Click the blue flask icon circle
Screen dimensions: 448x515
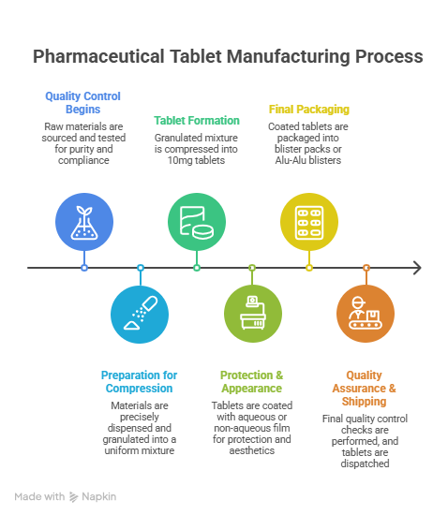(x=84, y=222)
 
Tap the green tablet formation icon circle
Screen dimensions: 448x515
(x=197, y=222)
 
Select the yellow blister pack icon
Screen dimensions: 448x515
(x=309, y=222)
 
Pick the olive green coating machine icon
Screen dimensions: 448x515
(x=253, y=314)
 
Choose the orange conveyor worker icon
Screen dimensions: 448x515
(x=366, y=314)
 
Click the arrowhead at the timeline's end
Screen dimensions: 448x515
(x=417, y=268)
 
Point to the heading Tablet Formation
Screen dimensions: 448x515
(x=197, y=121)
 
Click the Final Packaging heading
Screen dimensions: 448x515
(x=309, y=110)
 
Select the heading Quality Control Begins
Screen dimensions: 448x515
(x=82, y=102)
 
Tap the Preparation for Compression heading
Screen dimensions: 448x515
(x=139, y=382)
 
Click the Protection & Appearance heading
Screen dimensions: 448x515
(x=252, y=382)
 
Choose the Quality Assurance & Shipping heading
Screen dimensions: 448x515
(x=365, y=389)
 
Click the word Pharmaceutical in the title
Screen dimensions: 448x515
(x=98, y=56)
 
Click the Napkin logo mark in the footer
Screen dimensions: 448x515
(x=74, y=497)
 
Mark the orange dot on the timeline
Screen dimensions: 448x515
(x=366, y=268)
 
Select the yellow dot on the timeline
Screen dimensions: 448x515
(x=309, y=268)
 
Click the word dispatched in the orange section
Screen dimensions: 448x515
(x=365, y=463)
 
